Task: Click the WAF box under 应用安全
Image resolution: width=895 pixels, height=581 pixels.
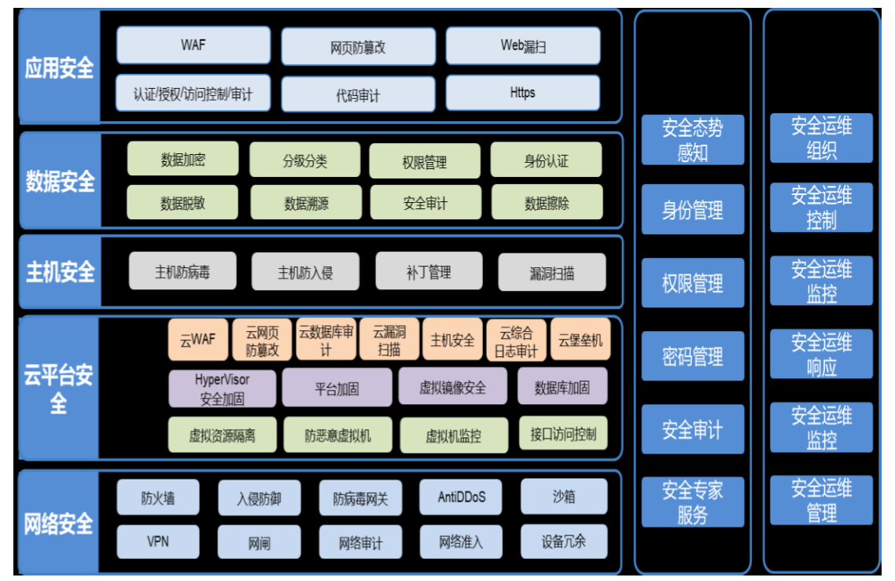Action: click(x=193, y=45)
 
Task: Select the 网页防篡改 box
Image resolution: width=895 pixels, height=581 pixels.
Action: click(x=358, y=47)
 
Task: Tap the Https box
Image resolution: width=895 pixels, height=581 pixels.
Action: click(x=522, y=93)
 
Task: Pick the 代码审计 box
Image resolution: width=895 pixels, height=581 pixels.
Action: click(x=358, y=95)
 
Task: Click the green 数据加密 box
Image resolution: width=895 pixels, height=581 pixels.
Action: click(x=182, y=160)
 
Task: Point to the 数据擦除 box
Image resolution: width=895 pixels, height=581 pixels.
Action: click(x=547, y=203)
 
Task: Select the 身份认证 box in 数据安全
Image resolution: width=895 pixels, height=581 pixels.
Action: click(x=546, y=160)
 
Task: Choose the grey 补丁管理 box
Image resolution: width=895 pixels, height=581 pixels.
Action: click(x=429, y=272)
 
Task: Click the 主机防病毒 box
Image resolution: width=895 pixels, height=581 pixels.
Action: click(x=182, y=272)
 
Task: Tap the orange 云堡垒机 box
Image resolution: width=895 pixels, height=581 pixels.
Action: click(x=580, y=340)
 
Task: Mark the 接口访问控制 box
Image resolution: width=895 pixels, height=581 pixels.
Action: click(x=563, y=433)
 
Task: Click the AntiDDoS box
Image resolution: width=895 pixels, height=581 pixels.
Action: click(x=462, y=497)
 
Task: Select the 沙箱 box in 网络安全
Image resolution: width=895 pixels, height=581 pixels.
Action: click(x=563, y=497)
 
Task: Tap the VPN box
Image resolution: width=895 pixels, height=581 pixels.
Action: click(x=157, y=541)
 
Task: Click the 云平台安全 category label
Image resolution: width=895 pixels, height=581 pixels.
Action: click(x=58, y=388)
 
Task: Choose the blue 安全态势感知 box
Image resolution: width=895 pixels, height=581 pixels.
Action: click(x=692, y=140)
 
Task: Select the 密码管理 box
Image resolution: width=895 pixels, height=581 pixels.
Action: click(x=692, y=357)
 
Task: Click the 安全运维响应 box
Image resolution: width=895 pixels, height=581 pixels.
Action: click(x=821, y=354)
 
